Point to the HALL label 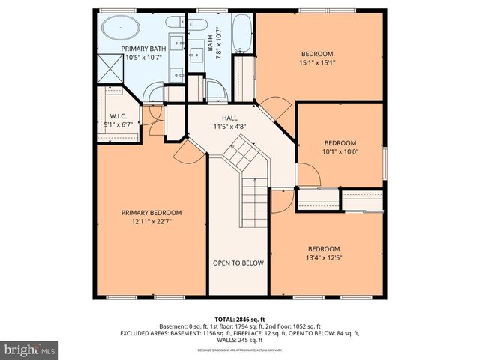229,118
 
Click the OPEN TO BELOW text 238,262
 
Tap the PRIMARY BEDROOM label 151,213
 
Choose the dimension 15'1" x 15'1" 318,63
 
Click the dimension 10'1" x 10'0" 340,152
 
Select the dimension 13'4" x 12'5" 324,259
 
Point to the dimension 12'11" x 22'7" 151,222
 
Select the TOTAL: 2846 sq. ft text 240,319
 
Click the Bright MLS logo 29,349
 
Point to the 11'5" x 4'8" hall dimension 229,127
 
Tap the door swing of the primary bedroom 187,152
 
